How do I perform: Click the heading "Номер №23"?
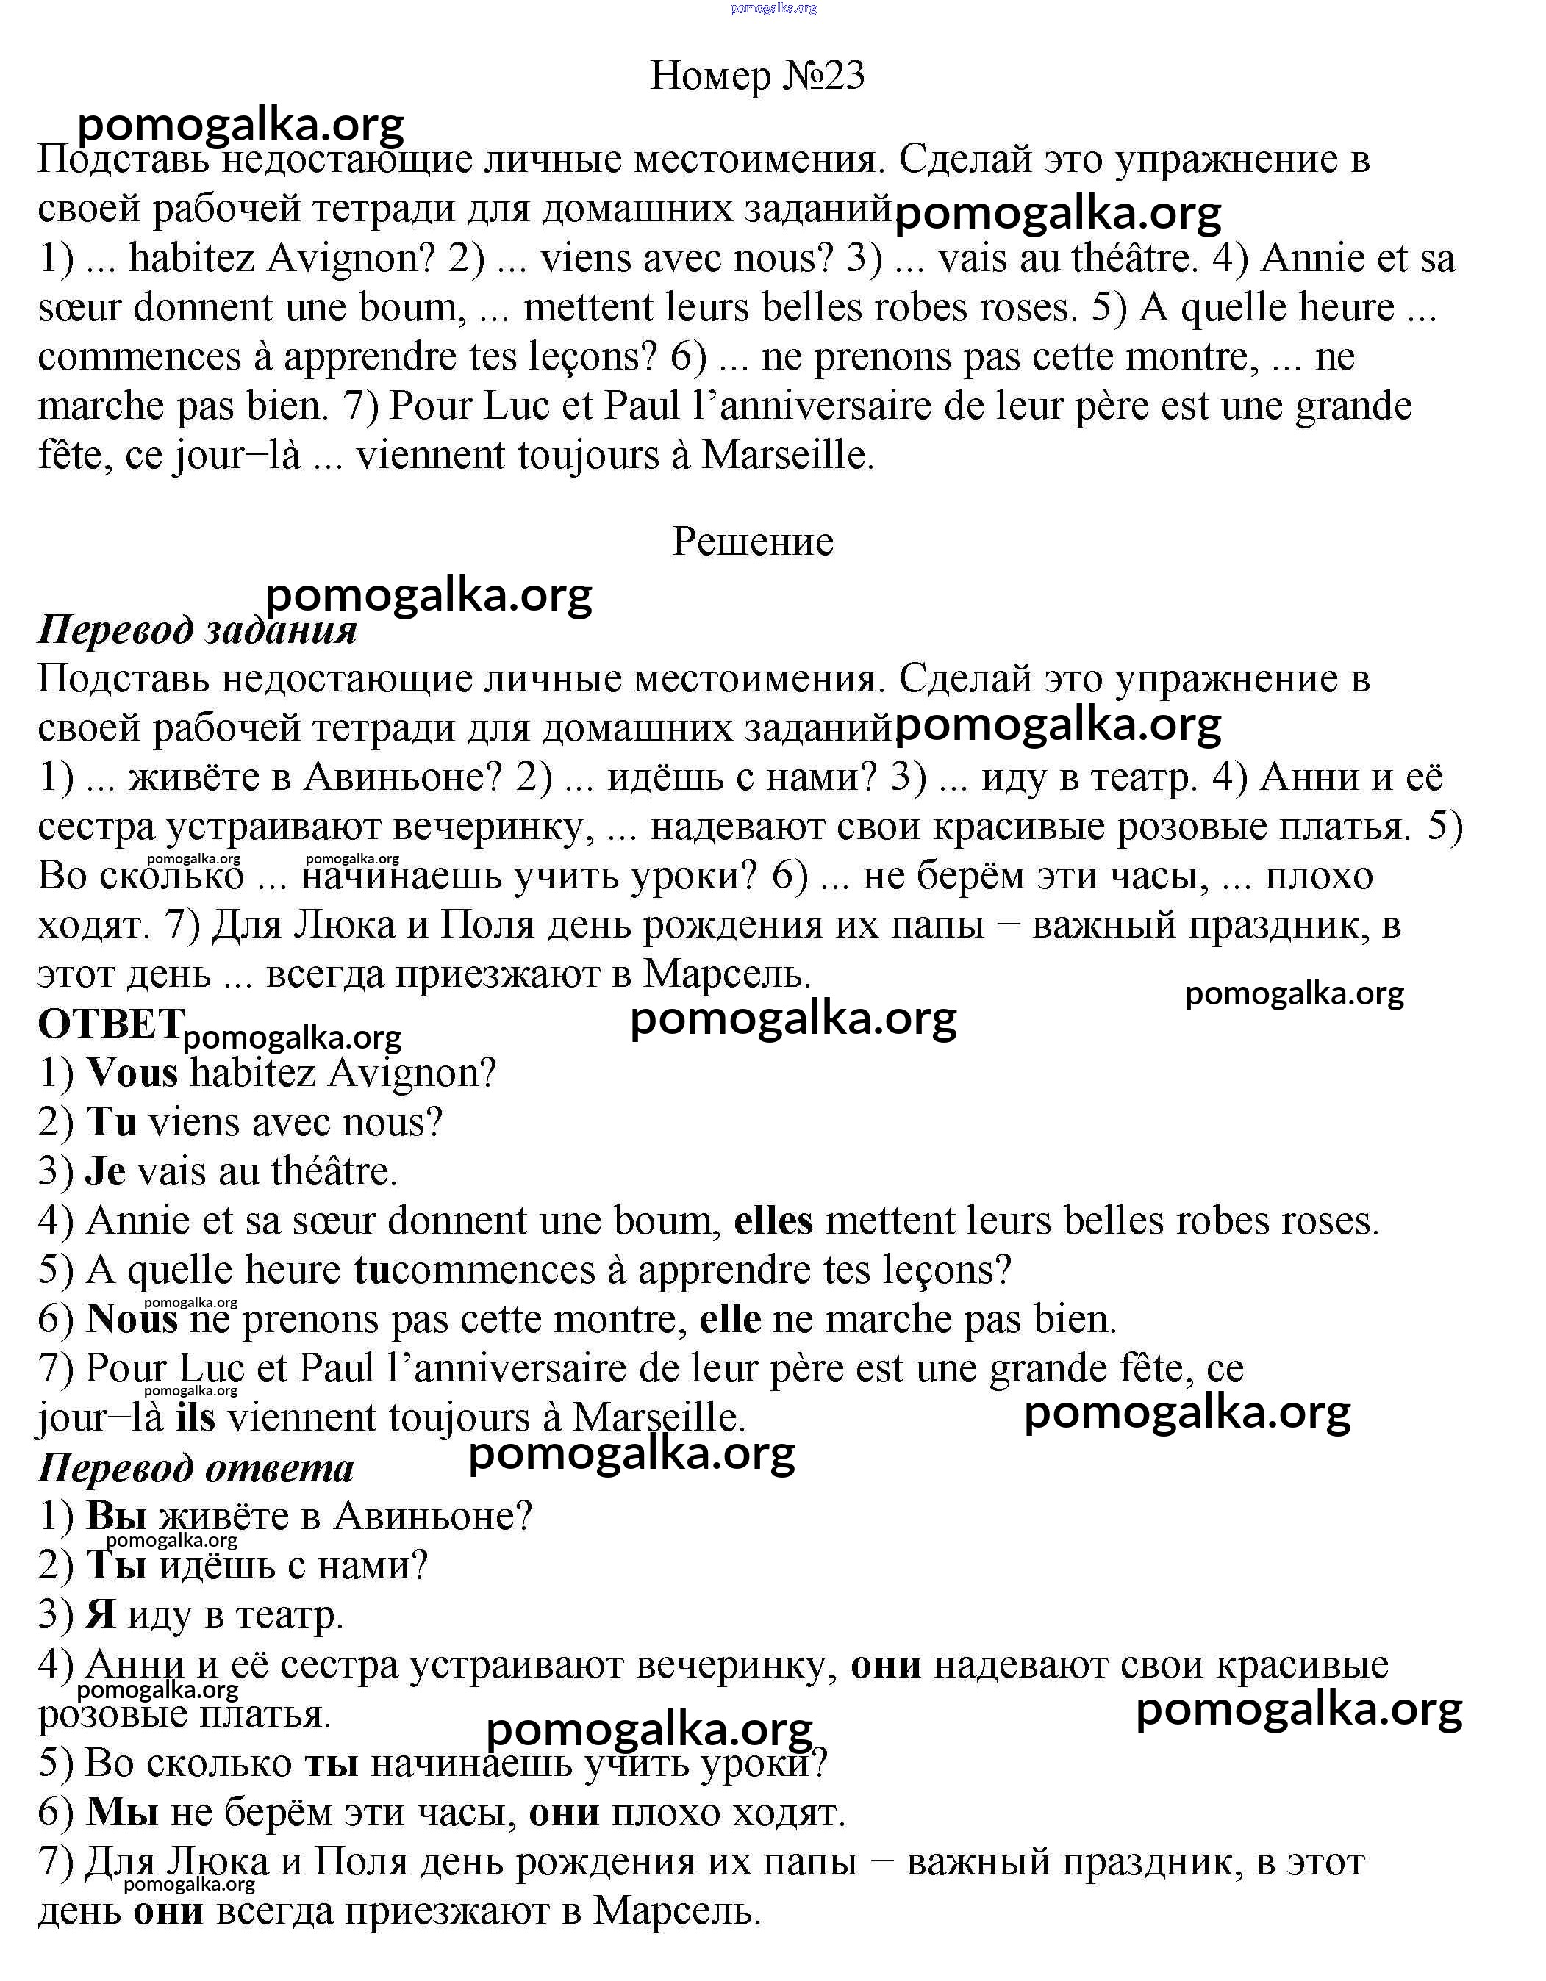pos(758,76)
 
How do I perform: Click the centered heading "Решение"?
pos(752,542)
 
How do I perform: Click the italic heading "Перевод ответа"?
pos(195,1467)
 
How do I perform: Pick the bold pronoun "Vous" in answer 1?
pos(132,1073)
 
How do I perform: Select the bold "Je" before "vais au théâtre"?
pos(105,1171)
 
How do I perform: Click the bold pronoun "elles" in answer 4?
pos(773,1221)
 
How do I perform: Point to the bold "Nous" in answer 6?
pos(132,1320)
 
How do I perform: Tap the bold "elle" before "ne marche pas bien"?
pos(729,1320)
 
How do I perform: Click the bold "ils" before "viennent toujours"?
pos(195,1417)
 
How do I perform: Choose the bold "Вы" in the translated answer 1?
pos(117,1517)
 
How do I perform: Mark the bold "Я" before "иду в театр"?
pos(101,1614)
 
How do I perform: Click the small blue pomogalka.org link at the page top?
pos(773,8)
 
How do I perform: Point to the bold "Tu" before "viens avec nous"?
pos(111,1122)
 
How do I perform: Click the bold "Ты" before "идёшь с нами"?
pos(117,1566)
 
